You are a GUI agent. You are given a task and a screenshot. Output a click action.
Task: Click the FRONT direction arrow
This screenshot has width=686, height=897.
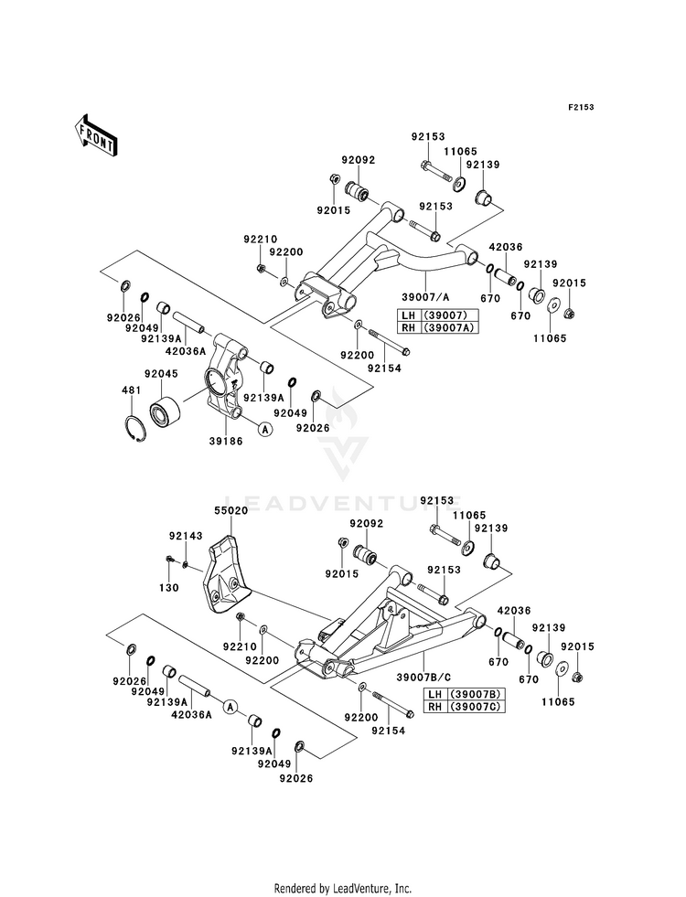click(95, 134)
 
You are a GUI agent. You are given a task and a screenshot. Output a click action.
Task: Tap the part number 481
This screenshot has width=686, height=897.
click(131, 390)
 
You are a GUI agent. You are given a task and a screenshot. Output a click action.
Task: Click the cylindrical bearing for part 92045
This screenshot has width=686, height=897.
click(165, 411)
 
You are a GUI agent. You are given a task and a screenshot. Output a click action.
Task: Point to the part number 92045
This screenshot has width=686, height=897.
click(161, 374)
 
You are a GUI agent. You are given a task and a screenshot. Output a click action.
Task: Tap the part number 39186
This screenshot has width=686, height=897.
click(225, 441)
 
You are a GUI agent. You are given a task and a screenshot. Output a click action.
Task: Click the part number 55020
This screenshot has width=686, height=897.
click(231, 510)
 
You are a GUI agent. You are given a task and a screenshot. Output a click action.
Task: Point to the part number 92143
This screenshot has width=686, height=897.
click(186, 536)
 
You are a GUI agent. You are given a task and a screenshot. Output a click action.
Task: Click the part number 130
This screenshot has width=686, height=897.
click(169, 588)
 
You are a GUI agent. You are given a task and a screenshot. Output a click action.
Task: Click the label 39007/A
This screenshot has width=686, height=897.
click(425, 297)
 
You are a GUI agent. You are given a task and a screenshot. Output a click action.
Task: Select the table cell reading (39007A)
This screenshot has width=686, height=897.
click(449, 327)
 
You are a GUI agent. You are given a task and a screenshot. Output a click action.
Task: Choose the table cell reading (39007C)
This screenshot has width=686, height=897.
click(477, 707)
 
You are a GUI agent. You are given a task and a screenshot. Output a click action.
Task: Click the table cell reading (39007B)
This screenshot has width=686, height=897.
click(477, 695)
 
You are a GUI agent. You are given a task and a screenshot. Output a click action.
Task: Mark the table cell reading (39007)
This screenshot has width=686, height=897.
click(449, 315)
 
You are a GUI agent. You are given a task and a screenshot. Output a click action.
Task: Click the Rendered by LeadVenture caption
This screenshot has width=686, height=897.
click(343, 889)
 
